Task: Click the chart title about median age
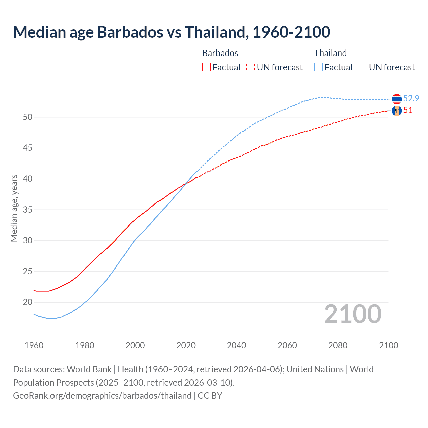point(172,32)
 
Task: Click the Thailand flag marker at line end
point(397,99)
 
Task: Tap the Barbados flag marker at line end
point(397,111)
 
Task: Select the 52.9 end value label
point(411,98)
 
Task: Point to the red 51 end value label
point(408,110)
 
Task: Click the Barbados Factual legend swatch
point(206,67)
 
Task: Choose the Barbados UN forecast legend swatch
point(251,67)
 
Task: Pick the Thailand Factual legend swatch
point(319,67)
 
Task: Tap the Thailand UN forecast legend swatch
point(363,67)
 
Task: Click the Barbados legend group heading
point(220,53)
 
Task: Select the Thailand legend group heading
point(330,53)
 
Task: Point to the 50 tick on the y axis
point(28,117)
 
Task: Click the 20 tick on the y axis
point(28,302)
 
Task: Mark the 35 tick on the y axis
point(28,210)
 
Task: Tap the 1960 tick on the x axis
point(34,345)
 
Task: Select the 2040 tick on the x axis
point(236,345)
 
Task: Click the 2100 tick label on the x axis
point(388,345)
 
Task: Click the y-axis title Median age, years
point(14,208)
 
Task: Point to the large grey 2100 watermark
point(352,314)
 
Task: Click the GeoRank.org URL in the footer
point(102,396)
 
